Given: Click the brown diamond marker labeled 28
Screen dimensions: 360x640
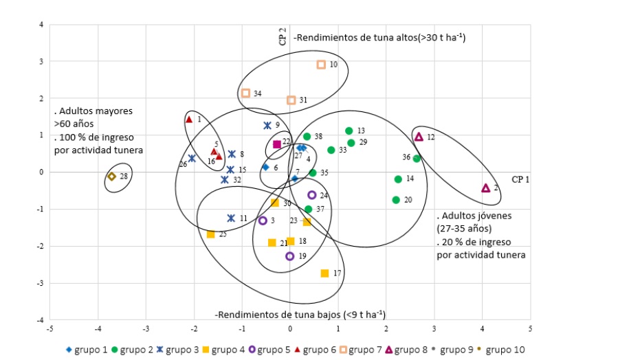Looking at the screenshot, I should (112, 177).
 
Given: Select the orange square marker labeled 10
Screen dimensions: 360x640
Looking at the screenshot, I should (321, 65).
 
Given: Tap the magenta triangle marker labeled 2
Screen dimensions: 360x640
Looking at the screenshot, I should (486, 188).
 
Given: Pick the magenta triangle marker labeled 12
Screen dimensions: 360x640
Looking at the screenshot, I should (419, 137).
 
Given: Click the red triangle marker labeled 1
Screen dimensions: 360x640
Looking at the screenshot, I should (189, 120).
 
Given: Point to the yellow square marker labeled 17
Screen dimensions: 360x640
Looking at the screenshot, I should (324, 273).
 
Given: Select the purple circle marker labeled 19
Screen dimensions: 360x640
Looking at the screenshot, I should (290, 256).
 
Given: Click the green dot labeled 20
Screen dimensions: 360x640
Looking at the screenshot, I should (396, 200).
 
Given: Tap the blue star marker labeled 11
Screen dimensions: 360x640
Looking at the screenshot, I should (232, 218).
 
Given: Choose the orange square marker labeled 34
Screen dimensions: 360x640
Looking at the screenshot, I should (245, 93).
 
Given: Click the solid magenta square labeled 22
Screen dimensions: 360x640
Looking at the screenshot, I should (277, 144).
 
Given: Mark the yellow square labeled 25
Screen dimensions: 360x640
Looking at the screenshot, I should (210, 234).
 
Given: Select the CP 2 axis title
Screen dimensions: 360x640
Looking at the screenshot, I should (283, 36).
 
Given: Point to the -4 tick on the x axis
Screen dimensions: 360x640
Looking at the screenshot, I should (98, 328).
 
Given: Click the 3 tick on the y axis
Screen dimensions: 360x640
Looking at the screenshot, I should (41, 61).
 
